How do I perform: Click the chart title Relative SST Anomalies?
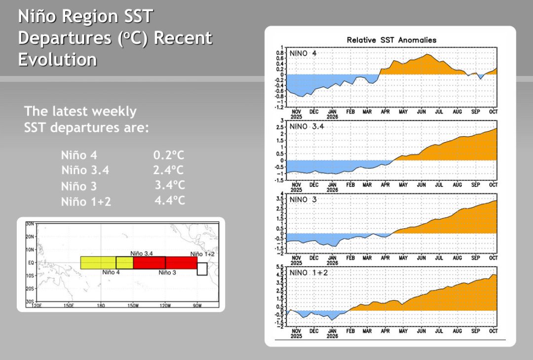click(x=391, y=40)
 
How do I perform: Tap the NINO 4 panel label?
click(x=303, y=53)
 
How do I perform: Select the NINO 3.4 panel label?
click(x=306, y=126)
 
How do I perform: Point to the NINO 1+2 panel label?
click(x=308, y=273)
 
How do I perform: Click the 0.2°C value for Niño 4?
click(x=169, y=155)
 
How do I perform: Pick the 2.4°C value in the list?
click(x=168, y=170)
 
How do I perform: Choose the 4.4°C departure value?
click(x=170, y=200)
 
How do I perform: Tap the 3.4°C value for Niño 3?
click(x=170, y=185)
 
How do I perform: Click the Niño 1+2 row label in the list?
click(x=86, y=202)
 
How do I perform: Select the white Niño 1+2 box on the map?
click(x=202, y=269)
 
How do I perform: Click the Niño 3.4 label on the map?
click(x=142, y=253)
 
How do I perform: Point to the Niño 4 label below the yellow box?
click(x=111, y=272)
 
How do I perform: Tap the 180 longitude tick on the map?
click(x=101, y=306)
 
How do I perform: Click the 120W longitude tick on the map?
click(x=165, y=306)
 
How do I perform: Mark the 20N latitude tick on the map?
click(x=30, y=237)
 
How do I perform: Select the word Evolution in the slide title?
click(x=57, y=60)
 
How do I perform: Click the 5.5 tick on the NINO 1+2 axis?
click(x=280, y=267)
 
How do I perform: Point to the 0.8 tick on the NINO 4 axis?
click(x=280, y=53)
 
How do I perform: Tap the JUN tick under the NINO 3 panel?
click(x=421, y=258)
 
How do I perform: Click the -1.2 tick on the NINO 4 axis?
click(x=279, y=107)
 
